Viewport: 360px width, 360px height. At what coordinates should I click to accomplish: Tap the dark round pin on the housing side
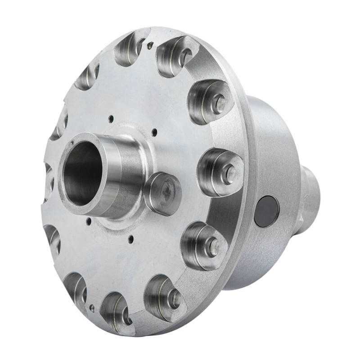tap(266, 211)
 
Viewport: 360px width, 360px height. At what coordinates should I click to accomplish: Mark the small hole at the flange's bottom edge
tap(92, 308)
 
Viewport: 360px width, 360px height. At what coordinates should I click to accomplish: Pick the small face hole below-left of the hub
tap(89, 220)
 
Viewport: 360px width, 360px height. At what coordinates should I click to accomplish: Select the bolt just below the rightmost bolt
tap(213, 245)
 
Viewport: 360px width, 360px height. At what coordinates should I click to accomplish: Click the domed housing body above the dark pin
tap(270, 148)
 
